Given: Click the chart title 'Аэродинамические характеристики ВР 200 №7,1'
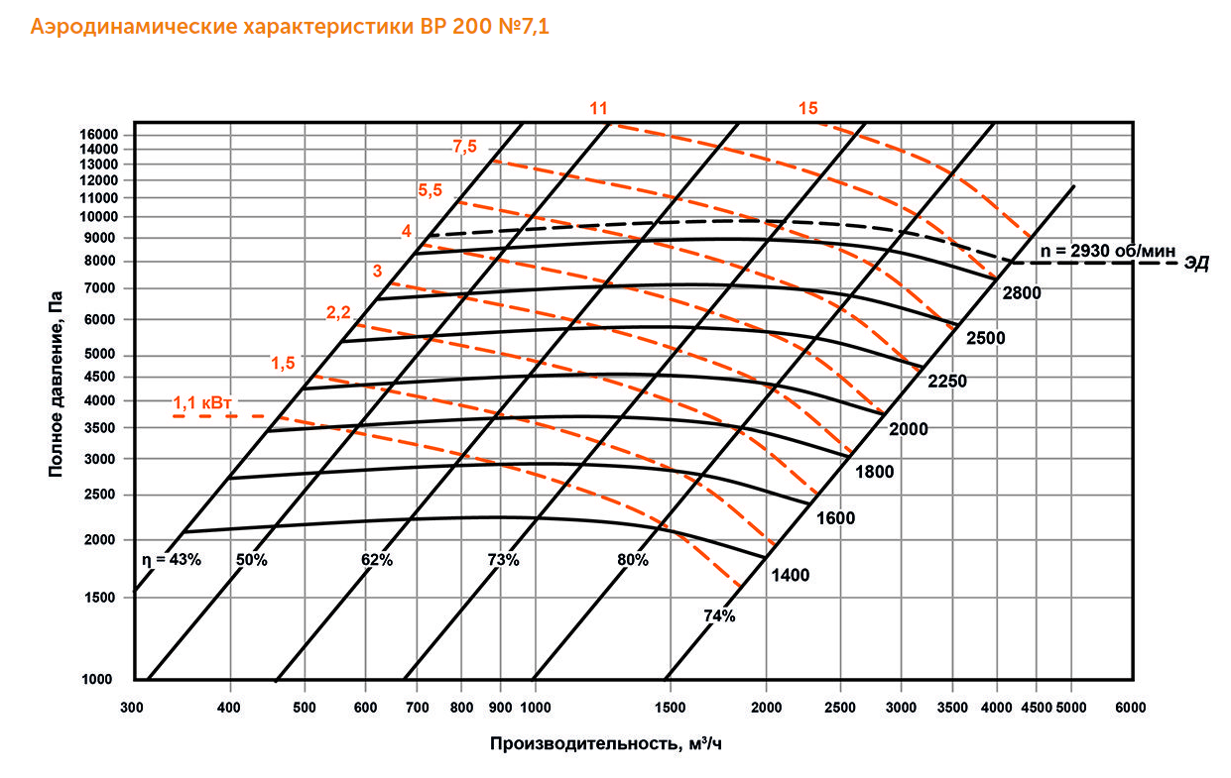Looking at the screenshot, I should pos(290,27).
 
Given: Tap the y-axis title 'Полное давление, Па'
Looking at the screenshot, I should pos(57,383).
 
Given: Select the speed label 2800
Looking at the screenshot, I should pos(1021,293).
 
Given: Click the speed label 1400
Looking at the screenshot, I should pos(790,575).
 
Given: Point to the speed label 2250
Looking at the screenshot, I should pos(947,381).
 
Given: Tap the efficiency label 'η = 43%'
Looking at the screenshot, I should pos(173,560).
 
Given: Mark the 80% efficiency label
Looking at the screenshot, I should pos(633,560).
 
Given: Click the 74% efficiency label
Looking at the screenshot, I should pos(719,616).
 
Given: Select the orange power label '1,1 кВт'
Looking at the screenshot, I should pos(202,403).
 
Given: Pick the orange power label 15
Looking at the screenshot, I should pos(808,108).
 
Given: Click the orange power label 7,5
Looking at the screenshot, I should pos(464,147).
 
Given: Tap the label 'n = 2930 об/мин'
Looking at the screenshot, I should pos(1107,252).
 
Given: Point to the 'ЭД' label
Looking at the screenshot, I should pos(1197,265).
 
